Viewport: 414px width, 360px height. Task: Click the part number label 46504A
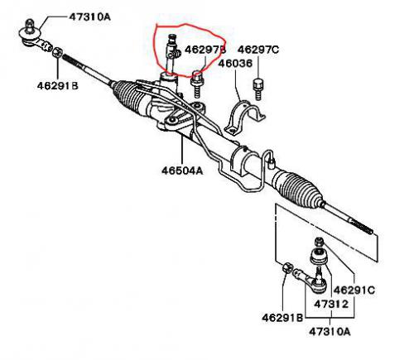[x=182, y=170]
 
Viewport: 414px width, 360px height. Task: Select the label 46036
[x=235, y=64]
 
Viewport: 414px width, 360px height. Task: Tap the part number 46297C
[x=258, y=50]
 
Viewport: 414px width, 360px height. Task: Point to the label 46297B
[x=205, y=50]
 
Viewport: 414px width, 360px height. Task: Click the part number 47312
[x=331, y=304]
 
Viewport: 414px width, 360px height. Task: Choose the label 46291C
[x=354, y=290]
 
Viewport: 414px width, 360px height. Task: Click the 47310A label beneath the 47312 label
[x=330, y=331]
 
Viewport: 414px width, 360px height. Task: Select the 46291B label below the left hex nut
[x=58, y=86]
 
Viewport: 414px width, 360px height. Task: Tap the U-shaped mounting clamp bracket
[x=244, y=118]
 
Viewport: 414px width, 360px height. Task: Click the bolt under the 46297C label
[x=258, y=89]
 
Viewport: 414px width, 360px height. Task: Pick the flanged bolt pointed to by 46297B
[x=196, y=84]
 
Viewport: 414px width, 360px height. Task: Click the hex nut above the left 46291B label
[x=58, y=52]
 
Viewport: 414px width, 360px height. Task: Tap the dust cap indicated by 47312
[x=320, y=257]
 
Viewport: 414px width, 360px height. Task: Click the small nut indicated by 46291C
[x=319, y=242]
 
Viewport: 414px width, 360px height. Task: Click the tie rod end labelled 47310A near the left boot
[x=35, y=37]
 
